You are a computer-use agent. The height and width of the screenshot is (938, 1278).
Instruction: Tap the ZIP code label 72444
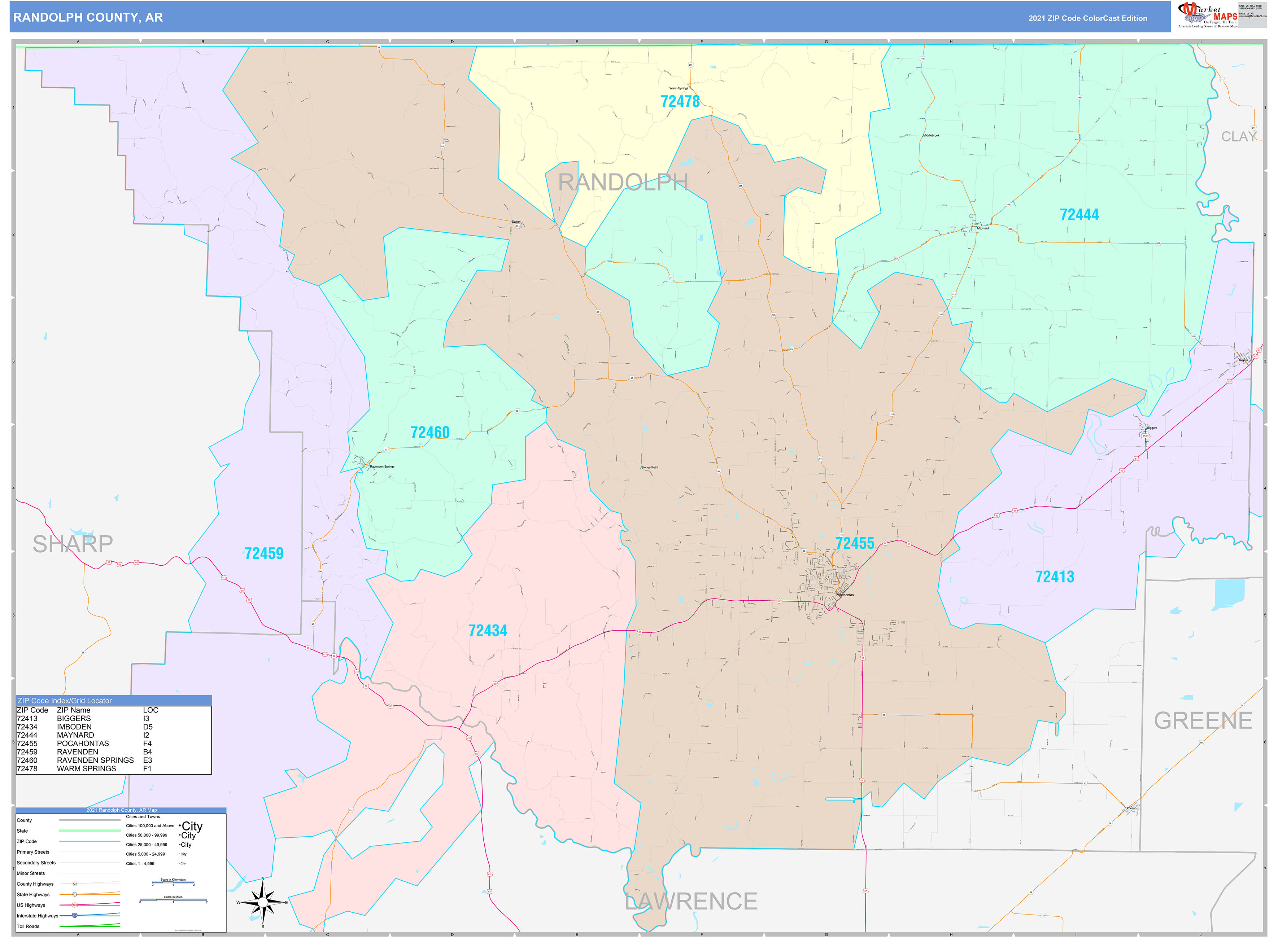tap(1079, 215)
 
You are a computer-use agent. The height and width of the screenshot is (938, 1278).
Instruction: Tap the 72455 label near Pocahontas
tap(855, 543)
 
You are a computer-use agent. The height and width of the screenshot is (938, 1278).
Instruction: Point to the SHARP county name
tap(73, 544)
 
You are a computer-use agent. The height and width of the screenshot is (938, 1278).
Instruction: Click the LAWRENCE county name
tap(691, 902)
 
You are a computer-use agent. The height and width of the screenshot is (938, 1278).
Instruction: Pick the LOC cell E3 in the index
tap(148, 760)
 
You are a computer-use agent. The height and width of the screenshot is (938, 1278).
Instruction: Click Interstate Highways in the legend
tap(38, 916)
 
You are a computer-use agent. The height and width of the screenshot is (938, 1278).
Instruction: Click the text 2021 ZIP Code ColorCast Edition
tap(1088, 18)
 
